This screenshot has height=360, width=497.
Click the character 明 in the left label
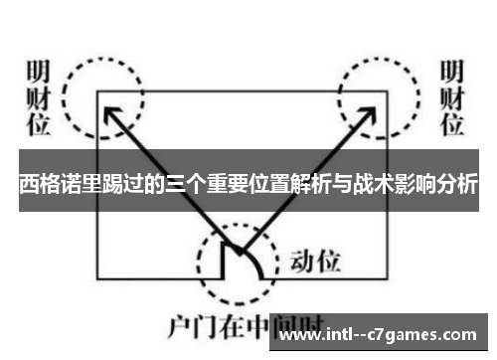(x=37, y=74)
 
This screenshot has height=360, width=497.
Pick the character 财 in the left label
(x=37, y=98)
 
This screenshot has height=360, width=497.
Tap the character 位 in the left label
(x=37, y=124)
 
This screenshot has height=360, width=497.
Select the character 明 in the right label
(x=452, y=74)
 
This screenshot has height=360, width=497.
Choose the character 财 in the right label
(x=452, y=98)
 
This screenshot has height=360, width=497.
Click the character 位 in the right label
(x=452, y=124)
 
